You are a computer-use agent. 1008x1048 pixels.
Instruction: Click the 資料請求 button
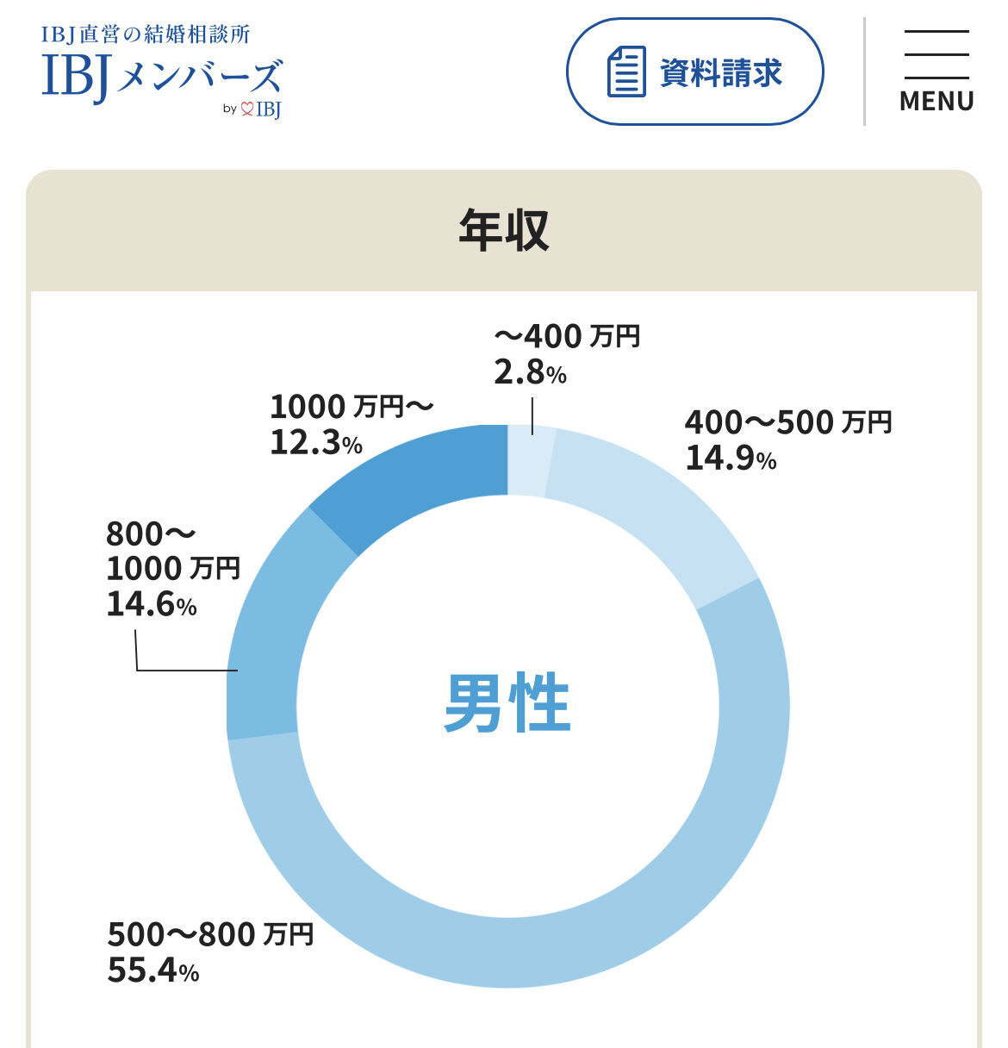click(694, 72)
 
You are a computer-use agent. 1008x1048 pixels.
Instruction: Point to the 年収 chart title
click(503, 230)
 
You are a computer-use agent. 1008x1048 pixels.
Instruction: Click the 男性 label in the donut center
click(507, 703)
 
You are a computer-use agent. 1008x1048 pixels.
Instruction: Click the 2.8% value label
click(530, 372)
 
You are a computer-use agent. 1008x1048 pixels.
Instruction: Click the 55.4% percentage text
click(153, 970)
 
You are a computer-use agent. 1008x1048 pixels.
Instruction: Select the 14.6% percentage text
click(152, 604)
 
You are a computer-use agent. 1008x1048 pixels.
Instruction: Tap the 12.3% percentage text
click(316, 442)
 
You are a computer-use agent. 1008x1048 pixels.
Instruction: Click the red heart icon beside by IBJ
click(246, 109)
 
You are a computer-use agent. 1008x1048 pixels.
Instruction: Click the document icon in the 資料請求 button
click(626, 72)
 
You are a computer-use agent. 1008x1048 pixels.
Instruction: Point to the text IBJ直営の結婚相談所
click(146, 34)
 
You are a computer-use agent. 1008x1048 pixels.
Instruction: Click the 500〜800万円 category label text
click(210, 934)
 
